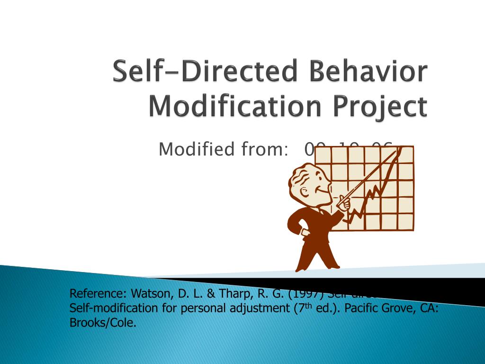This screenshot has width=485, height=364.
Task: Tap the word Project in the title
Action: (384, 107)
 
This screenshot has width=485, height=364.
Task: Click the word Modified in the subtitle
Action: (197, 149)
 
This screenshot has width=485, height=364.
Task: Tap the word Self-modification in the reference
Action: (107, 308)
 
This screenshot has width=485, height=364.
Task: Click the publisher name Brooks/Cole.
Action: (103, 324)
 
